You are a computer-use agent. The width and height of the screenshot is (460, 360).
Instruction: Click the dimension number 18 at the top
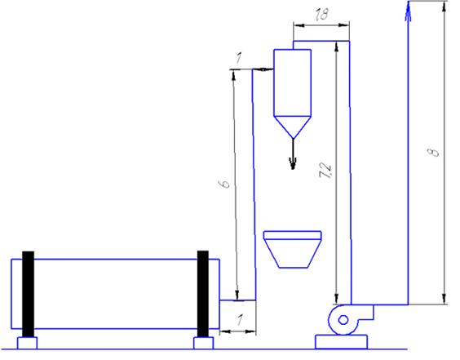(322, 14)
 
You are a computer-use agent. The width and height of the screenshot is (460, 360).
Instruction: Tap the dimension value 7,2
(326, 171)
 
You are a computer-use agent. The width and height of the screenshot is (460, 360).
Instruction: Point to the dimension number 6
(225, 184)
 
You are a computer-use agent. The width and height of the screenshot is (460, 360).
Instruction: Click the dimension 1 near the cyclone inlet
(239, 58)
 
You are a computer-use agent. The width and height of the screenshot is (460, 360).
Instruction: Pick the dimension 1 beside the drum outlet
(241, 319)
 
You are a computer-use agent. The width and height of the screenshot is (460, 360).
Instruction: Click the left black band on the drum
(29, 294)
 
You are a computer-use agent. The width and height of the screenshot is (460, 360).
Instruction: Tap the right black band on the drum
(203, 294)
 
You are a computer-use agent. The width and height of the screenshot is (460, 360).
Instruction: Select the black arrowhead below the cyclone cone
(293, 163)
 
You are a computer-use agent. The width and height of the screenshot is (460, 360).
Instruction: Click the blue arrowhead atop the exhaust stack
(408, 11)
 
